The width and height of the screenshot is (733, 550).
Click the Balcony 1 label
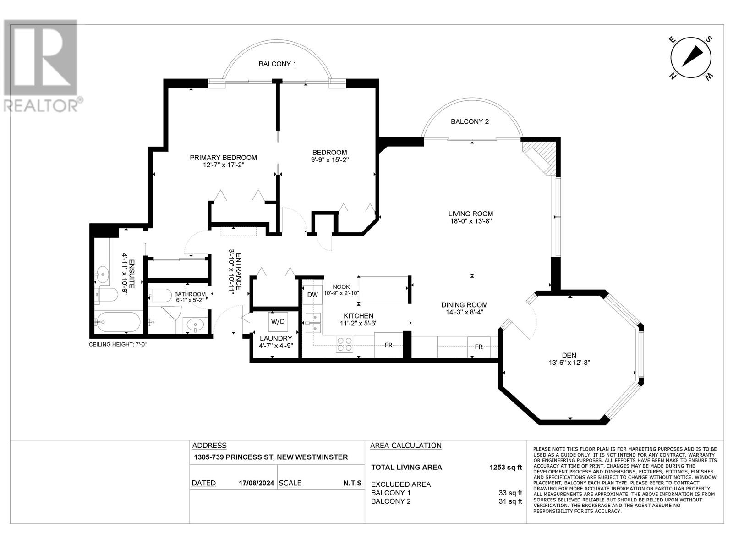(277, 64)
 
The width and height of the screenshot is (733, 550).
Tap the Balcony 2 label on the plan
(470, 121)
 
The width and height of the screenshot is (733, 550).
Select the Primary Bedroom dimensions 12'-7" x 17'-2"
(224, 165)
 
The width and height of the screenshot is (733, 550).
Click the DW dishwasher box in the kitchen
(312, 295)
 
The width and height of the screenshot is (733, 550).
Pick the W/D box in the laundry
(278, 322)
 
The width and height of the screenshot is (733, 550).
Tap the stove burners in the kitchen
(345, 344)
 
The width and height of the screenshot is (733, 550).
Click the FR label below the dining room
(479, 347)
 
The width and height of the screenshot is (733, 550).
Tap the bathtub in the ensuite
(118, 322)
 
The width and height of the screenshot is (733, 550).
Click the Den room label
(569, 355)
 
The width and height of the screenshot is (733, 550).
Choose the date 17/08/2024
(256, 483)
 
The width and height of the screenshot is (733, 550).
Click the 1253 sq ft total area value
(506, 467)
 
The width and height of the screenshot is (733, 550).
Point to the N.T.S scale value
(352, 483)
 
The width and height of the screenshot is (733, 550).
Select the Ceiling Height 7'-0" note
(118, 344)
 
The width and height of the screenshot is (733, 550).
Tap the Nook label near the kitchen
(341, 287)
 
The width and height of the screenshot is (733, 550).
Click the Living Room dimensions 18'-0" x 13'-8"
(470, 221)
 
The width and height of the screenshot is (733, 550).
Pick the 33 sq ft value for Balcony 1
(510, 493)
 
